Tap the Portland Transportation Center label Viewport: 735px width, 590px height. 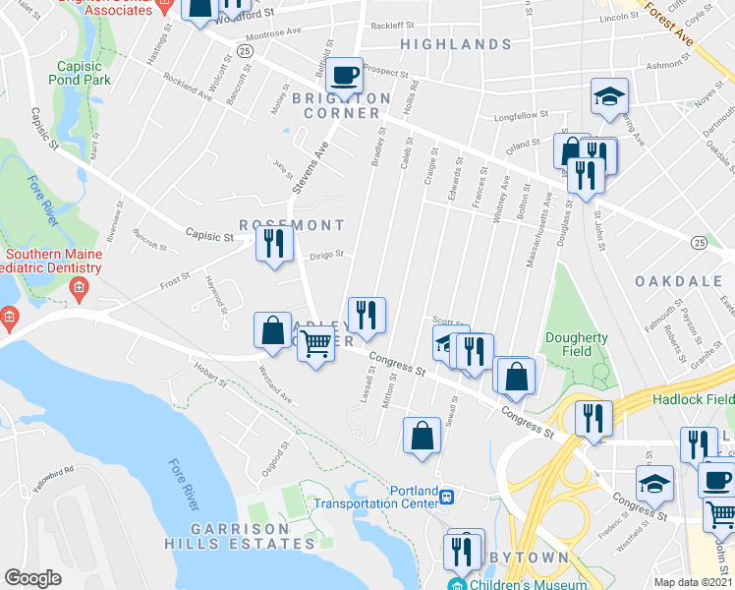click(374, 498)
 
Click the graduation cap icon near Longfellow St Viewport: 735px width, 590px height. click(609, 96)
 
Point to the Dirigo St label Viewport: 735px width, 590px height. click(326, 254)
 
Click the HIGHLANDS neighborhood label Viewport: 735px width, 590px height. click(456, 45)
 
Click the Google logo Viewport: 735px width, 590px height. click(32, 578)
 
